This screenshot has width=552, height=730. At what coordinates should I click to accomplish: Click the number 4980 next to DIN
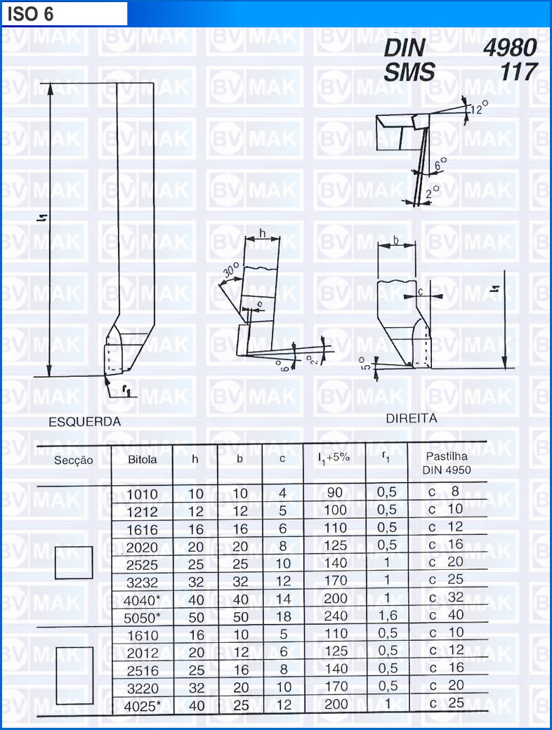(x=510, y=48)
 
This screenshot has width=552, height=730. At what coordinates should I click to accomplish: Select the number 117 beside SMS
(x=518, y=72)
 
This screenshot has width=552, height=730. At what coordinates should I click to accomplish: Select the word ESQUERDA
(x=85, y=422)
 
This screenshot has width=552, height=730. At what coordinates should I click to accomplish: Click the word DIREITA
(x=412, y=418)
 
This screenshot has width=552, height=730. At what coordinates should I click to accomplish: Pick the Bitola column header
(x=143, y=460)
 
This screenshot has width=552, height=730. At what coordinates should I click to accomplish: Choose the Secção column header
(x=74, y=460)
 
